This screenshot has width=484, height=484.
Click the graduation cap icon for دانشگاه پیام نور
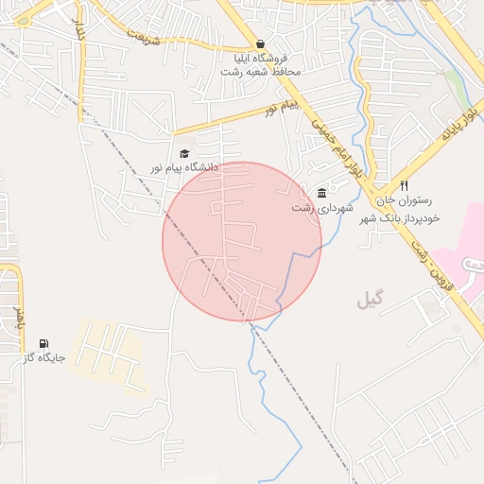coord(184,153)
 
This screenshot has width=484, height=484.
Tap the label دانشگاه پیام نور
coord(183,167)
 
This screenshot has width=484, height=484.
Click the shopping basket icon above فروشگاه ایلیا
coord(261,43)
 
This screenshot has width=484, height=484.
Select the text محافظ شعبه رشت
coord(262,72)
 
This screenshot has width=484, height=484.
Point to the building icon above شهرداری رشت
coord(321,193)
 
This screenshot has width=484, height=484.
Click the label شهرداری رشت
coord(321,207)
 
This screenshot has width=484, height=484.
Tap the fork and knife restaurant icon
coord(405,185)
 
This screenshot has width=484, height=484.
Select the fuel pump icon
coord(43,344)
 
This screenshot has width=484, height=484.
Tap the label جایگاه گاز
coord(43,359)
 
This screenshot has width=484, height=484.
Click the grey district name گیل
coord(371,301)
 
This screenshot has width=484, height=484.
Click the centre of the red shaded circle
coord(242,241)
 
